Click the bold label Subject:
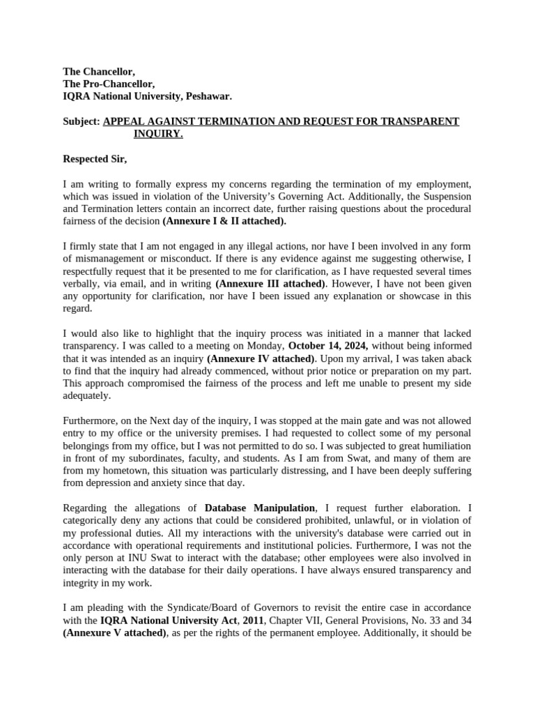(82, 121)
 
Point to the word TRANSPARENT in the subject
(426, 121)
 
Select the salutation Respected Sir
(95, 159)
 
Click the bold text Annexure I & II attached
(224, 221)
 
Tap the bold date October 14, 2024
(328, 346)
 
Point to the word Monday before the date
(264, 346)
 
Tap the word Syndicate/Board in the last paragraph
(197, 608)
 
